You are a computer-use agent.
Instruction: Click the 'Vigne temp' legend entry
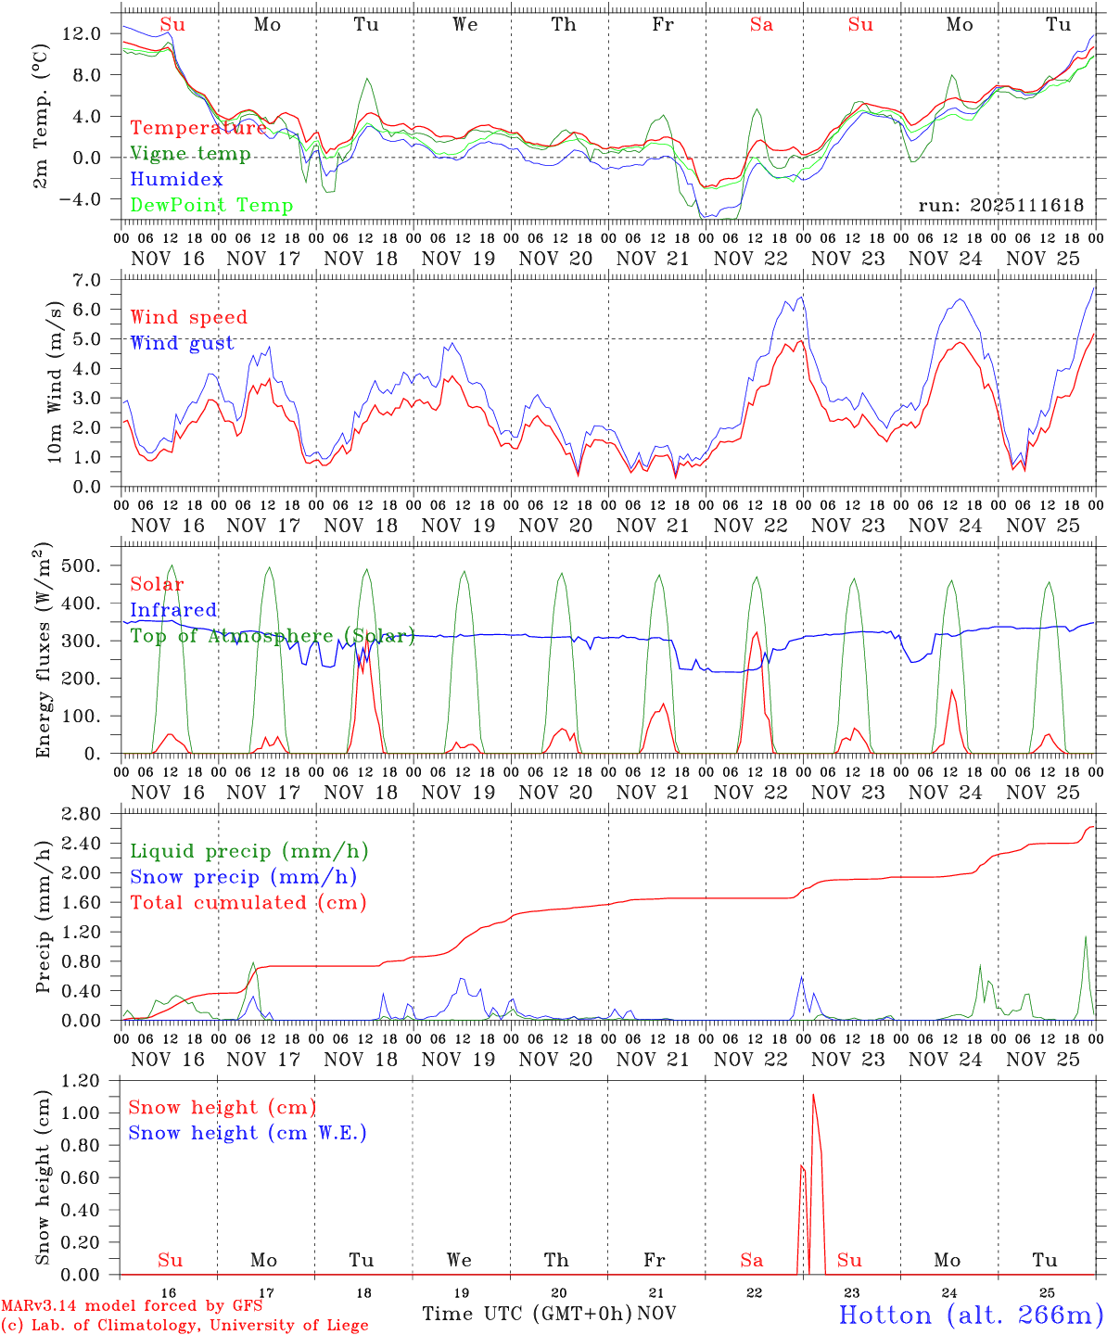click(x=190, y=154)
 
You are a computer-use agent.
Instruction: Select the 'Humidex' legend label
click(x=177, y=180)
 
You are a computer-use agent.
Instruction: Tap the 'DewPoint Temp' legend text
click(x=211, y=206)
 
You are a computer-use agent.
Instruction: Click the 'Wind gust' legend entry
click(x=183, y=343)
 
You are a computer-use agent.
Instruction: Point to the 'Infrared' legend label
click(x=173, y=610)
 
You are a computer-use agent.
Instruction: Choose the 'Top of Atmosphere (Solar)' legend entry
click(x=273, y=636)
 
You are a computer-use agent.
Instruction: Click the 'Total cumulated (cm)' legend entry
click(x=248, y=902)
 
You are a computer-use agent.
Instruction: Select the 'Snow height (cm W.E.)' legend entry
click(x=248, y=1133)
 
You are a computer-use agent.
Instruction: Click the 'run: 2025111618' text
click(x=1000, y=206)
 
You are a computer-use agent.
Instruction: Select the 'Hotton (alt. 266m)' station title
click(x=971, y=1315)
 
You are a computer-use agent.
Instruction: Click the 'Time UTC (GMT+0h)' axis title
click(x=528, y=1314)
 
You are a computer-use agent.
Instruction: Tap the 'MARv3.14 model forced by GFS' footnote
click(x=132, y=1306)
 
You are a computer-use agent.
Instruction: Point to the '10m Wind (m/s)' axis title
click(x=56, y=380)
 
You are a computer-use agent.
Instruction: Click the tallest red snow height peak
click(x=813, y=1095)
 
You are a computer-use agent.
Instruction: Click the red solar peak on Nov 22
click(x=757, y=632)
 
